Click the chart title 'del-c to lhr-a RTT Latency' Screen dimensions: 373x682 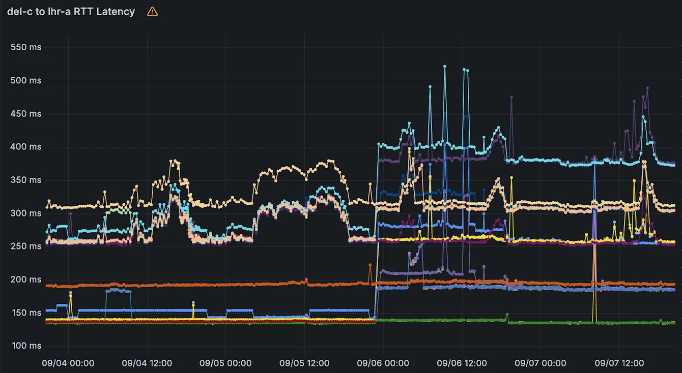coord(71,12)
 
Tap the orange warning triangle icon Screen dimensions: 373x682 coord(152,12)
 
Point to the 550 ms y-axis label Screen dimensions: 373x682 coord(26,47)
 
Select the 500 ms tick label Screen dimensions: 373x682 coord(26,80)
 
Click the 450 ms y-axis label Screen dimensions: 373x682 coord(26,114)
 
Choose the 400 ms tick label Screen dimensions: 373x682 coord(26,147)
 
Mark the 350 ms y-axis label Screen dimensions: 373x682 coord(26,180)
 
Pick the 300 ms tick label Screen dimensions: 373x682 coord(26,213)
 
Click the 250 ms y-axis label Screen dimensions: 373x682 coord(26,246)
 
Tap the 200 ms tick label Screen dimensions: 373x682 coord(26,279)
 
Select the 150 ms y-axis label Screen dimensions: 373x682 coord(26,313)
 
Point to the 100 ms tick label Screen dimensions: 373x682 coord(26,346)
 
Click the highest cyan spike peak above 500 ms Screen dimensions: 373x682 coord(444,66)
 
